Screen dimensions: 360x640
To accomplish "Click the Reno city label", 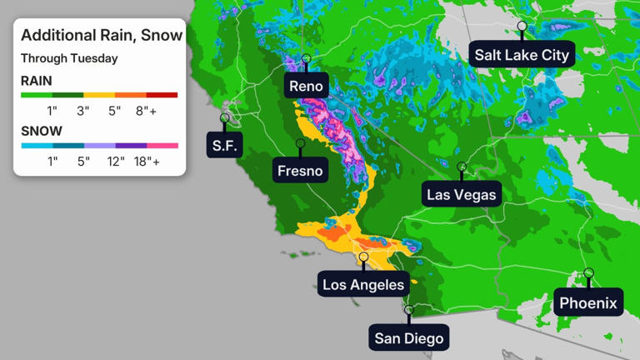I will click(305, 86).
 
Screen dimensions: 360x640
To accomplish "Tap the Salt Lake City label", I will click(522, 55).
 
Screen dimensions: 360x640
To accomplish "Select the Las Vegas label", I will click(462, 195).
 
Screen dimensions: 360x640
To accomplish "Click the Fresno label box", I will click(300, 172).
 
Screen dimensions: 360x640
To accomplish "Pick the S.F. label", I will click(224, 146).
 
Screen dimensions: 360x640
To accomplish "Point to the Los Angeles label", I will click(363, 285).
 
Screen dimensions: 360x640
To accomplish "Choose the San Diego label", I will click(408, 338).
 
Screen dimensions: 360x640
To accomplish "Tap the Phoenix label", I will click(588, 302).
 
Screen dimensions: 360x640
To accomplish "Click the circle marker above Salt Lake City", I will click(522, 26).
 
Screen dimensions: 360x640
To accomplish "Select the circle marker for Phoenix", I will click(588, 272).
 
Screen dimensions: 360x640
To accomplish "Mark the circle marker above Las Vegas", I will click(462, 167).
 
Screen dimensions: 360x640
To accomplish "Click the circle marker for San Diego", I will click(408, 310).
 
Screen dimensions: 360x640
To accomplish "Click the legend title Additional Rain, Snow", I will click(101, 35).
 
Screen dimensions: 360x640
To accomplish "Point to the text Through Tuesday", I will click(69, 58).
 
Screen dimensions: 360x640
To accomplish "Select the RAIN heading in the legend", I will click(37, 81).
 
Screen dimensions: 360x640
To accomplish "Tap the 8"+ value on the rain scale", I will click(146, 112).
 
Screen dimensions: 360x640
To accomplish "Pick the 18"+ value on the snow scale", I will click(147, 162).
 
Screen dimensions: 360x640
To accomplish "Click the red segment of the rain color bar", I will click(162, 95).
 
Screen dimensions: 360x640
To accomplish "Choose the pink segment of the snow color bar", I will click(162, 145).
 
